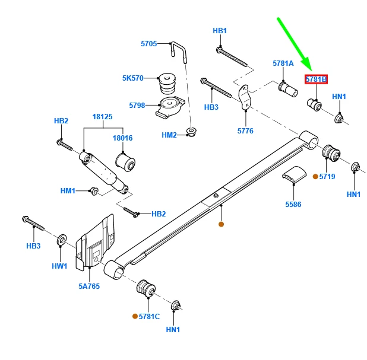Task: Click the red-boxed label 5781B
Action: [x=316, y=79]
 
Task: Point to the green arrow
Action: [x=294, y=43]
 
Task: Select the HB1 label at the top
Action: [x=220, y=31]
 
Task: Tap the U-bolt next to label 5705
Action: [x=179, y=51]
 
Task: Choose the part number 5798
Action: [x=137, y=106]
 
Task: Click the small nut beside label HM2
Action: [x=191, y=131]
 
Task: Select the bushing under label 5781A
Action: [x=288, y=90]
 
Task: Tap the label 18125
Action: [x=102, y=117]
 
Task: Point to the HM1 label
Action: [x=68, y=190]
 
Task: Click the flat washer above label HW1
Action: [x=61, y=241]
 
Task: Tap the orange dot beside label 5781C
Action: [x=134, y=316]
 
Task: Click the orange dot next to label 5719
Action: [x=315, y=176]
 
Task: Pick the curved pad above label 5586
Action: [x=293, y=176]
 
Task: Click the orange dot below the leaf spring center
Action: [x=221, y=224]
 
